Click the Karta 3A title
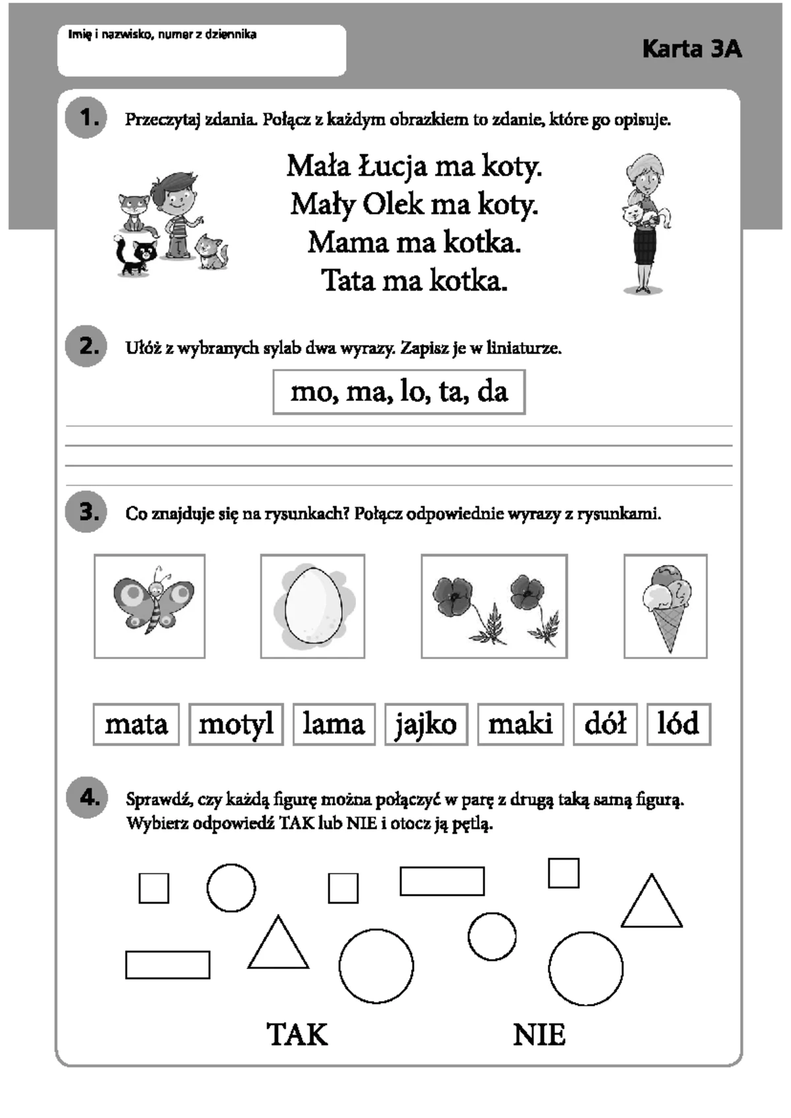point(691,49)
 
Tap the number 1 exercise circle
point(86,118)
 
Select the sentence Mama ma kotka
point(414,243)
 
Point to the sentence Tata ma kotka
point(414,281)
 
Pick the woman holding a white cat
point(645,223)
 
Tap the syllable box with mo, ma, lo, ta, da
point(399,392)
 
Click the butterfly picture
point(150,606)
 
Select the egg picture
point(312,606)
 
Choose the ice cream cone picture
point(665,606)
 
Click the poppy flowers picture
point(494,606)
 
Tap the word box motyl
point(236,724)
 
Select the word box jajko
point(426,724)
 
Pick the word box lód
point(679,724)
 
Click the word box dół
point(605,724)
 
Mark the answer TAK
point(297,1034)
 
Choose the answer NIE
point(539,1035)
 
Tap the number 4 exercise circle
point(86,797)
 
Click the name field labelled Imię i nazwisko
point(202,50)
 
